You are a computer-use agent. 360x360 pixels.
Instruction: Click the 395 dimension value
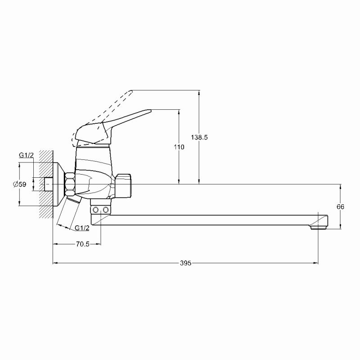185,263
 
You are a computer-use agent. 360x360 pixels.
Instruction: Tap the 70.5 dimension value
82,244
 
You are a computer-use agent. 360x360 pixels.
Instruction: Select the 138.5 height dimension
199,137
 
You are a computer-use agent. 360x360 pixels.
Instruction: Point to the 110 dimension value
179,147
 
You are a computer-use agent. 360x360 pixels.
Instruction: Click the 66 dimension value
341,207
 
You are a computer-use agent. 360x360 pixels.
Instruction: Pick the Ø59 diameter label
19,184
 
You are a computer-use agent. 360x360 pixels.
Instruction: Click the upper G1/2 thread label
26,155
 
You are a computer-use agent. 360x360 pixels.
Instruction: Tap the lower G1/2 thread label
82,228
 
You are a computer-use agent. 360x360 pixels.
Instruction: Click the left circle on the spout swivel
95,210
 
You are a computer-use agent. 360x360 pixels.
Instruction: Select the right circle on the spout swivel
106,210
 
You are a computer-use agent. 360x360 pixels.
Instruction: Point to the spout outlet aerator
318,227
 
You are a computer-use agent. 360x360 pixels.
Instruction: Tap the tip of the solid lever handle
151,110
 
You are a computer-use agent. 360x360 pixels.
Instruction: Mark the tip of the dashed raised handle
132,91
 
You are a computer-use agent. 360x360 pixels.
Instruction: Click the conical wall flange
59,184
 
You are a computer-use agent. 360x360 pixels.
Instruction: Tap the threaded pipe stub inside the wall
48,184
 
